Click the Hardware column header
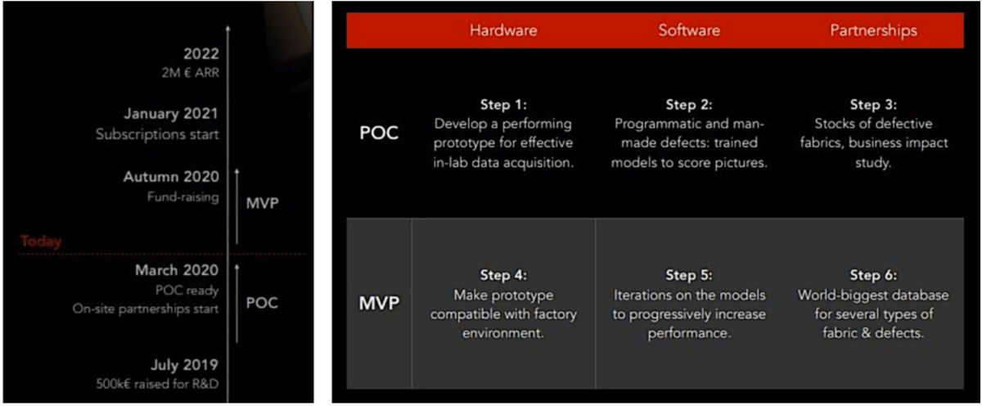(503, 30)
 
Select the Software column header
(689, 30)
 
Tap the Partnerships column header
(873, 30)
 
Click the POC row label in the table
(379, 133)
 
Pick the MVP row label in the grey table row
(379, 303)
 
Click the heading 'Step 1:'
(503, 105)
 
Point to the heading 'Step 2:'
(689, 105)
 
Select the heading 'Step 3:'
(873, 105)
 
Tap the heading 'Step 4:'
(503, 275)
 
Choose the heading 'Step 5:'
(689, 275)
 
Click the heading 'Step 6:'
(873, 275)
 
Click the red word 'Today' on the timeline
(41, 241)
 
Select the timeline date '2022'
(200, 53)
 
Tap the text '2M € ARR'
(190, 72)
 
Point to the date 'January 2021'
(171, 114)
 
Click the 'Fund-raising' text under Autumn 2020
(182, 197)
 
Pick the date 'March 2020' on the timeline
(177, 270)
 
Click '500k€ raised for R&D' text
(157, 384)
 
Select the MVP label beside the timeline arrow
(262, 203)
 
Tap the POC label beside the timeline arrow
(262, 303)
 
